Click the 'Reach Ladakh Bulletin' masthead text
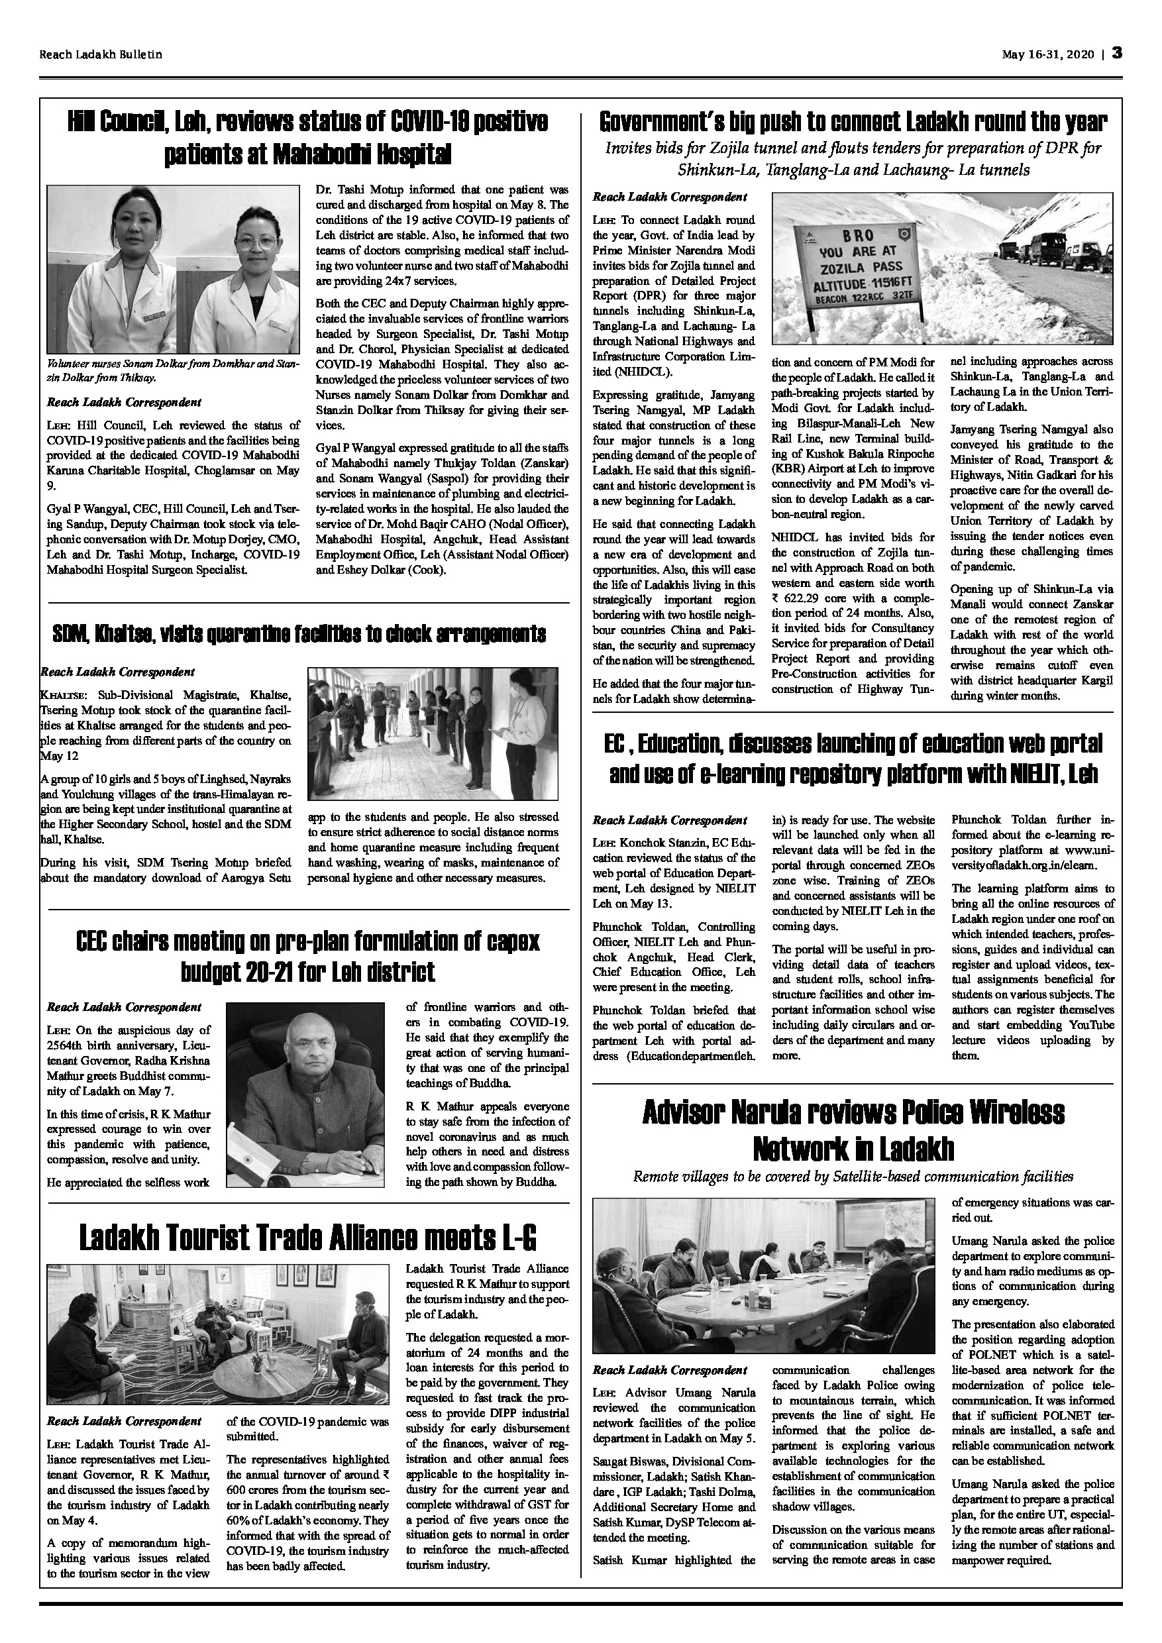tap(101, 54)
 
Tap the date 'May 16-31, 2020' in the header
tap(1048, 54)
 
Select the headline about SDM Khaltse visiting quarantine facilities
tap(299, 634)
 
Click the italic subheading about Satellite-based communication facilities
tap(853, 1177)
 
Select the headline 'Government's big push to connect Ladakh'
tap(853, 123)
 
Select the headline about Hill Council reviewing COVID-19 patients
tap(307, 136)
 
